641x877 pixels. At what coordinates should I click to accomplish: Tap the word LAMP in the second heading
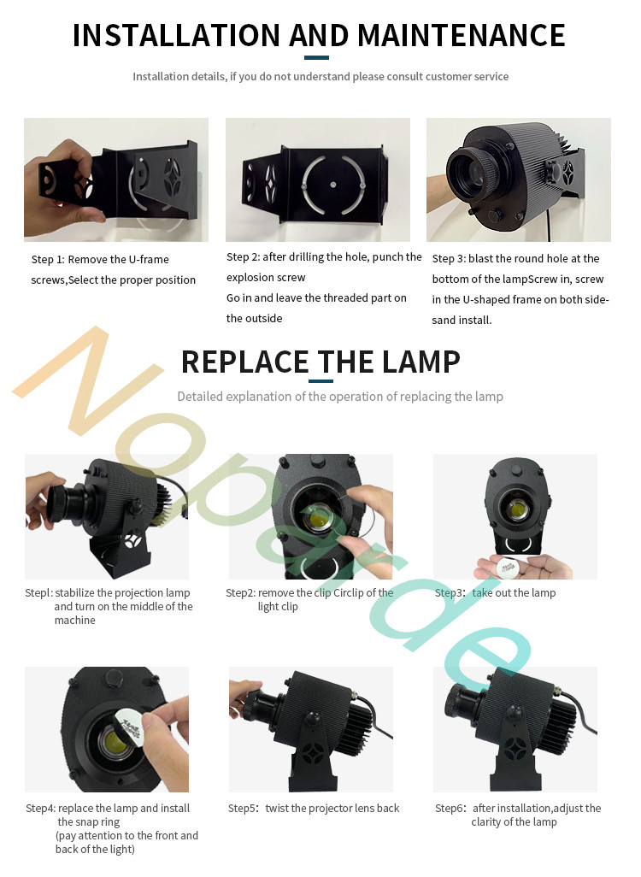[x=421, y=362]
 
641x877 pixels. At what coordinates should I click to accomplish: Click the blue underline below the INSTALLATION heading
[x=316, y=57]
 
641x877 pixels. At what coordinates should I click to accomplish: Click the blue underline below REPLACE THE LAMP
[x=320, y=381]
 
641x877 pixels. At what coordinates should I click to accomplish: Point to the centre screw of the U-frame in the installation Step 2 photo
[x=333, y=185]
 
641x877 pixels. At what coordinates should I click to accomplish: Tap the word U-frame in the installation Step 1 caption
[x=149, y=260]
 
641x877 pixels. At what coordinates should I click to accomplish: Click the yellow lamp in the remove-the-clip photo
[x=318, y=517]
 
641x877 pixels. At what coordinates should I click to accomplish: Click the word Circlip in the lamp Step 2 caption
[x=348, y=593]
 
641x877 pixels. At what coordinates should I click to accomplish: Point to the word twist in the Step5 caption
[x=277, y=809]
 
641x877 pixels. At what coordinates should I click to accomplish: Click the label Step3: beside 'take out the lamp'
[x=450, y=593]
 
